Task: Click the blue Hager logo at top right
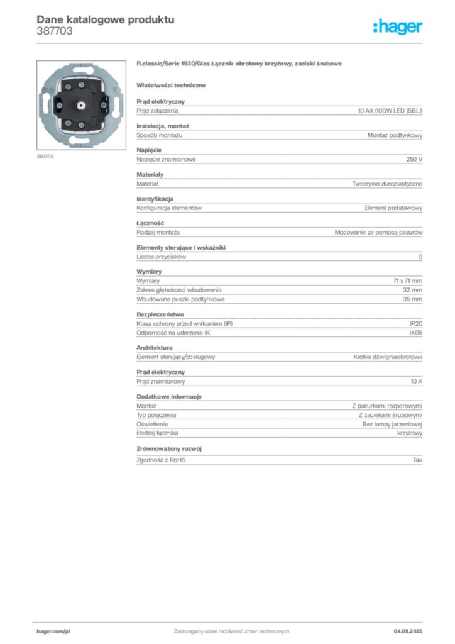tap(398, 27)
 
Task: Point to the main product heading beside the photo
tap(241, 65)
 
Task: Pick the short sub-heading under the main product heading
tap(173, 84)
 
